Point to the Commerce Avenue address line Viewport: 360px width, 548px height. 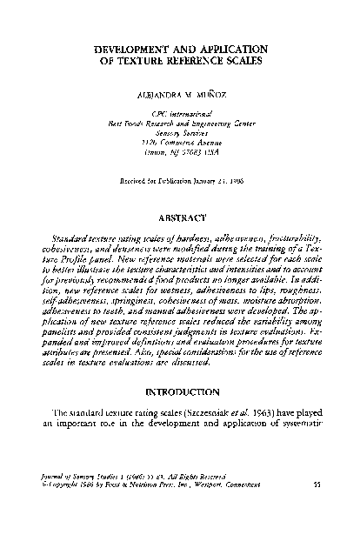[x=182, y=142]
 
